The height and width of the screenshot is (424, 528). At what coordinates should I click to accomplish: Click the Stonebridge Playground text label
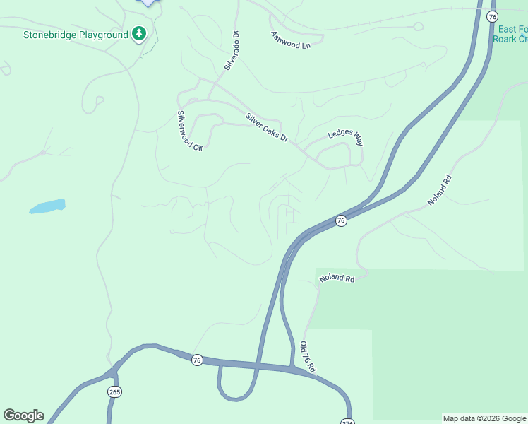click(76, 35)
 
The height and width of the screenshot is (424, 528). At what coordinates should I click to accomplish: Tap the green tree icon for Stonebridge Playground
click(140, 34)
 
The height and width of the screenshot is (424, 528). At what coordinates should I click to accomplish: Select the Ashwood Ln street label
click(291, 40)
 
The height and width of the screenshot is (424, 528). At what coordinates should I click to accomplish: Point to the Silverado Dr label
click(232, 50)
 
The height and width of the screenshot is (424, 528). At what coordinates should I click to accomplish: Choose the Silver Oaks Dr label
click(268, 127)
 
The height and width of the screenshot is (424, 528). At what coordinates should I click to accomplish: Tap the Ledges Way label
click(345, 138)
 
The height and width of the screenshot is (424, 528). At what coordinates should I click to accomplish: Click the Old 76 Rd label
click(307, 358)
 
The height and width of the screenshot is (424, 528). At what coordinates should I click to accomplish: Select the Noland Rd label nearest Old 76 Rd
click(337, 278)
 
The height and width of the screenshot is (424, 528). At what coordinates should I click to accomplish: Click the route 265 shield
click(114, 391)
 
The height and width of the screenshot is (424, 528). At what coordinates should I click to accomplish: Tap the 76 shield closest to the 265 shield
click(197, 360)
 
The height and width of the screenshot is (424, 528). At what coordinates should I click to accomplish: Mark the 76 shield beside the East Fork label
click(493, 16)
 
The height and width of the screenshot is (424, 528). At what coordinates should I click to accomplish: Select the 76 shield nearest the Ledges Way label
click(341, 220)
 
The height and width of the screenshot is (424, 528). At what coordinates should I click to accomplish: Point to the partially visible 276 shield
click(347, 421)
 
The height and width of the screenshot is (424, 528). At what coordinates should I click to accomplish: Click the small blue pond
click(48, 206)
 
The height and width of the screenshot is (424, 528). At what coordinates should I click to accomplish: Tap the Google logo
click(23, 416)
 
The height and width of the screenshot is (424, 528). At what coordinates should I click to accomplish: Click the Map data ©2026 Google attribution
click(484, 418)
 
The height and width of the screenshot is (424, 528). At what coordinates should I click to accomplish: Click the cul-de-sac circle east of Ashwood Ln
click(418, 27)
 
